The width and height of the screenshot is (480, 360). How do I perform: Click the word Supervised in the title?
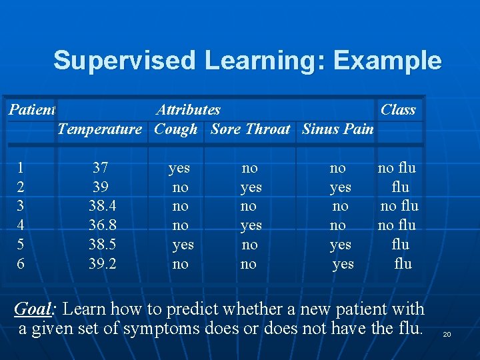coord(125,61)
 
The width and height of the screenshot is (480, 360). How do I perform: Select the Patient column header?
coord(31,109)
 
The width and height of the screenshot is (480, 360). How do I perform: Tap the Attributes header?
coord(188,109)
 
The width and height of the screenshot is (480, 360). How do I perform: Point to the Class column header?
coord(397,109)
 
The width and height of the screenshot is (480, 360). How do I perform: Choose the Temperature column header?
coord(99,129)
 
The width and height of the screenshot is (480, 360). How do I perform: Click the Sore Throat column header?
coord(250,129)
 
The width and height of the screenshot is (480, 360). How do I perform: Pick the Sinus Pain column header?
coord(337,129)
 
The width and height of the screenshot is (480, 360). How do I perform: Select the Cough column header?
coord(175,129)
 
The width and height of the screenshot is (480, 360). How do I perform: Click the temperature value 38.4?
coord(102,206)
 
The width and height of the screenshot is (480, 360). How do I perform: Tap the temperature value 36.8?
coord(102,225)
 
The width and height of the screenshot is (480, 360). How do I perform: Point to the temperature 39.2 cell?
coord(102,264)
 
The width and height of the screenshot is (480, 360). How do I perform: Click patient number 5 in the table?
coord(21,245)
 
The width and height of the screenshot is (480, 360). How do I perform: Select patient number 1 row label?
coord(21,168)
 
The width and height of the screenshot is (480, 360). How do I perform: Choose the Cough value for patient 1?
coord(179,168)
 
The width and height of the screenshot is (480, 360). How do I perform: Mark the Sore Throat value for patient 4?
coord(251,225)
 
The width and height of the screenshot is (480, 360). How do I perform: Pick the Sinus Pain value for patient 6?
coord(343,264)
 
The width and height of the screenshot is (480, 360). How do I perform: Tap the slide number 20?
coord(447,333)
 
